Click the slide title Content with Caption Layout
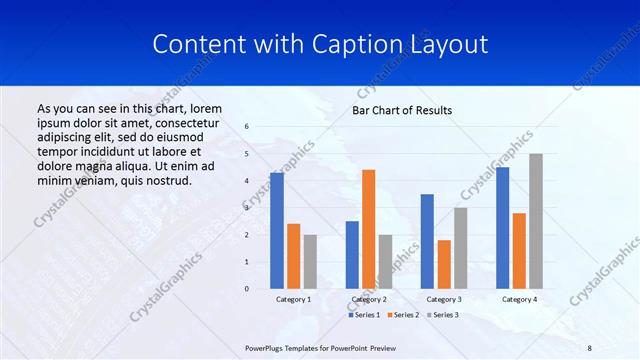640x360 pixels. tap(320, 45)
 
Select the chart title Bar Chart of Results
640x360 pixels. tap(402, 110)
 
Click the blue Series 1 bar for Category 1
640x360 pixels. tap(277, 231)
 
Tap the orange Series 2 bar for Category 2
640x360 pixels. tap(368, 229)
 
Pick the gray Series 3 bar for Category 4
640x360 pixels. tap(536, 221)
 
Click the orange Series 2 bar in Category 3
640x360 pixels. tap(444, 264)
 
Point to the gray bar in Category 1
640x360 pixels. tap(310, 262)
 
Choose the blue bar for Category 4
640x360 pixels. tap(502, 228)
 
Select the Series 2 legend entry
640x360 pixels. tap(403, 315)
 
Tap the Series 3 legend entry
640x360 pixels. tap(443, 315)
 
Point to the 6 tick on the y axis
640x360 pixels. tap(246, 127)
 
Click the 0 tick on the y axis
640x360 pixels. tap(246, 289)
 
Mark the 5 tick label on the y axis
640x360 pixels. tap(246, 154)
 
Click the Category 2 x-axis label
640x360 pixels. tap(368, 299)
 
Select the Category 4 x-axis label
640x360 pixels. tap(519, 299)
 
